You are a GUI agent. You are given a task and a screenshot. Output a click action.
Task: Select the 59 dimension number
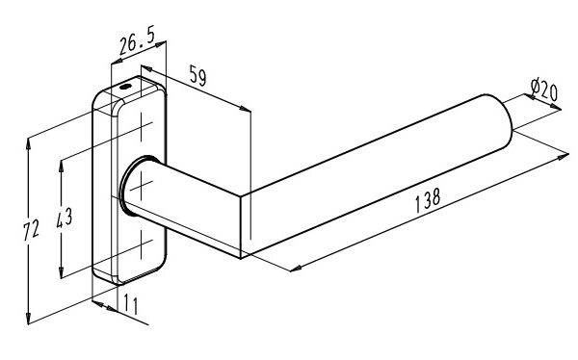[197, 75]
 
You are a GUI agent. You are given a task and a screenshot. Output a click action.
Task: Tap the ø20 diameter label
[544, 90]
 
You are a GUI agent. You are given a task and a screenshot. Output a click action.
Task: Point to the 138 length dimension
[428, 200]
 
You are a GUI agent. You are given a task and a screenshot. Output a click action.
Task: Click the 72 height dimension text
[31, 230]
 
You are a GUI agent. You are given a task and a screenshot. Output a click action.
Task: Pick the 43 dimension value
[65, 218]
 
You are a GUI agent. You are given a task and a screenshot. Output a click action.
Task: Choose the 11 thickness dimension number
[131, 304]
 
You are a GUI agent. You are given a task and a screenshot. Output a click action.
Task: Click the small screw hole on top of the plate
[125, 87]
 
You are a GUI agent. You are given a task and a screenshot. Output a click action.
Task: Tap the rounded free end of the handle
[505, 120]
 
